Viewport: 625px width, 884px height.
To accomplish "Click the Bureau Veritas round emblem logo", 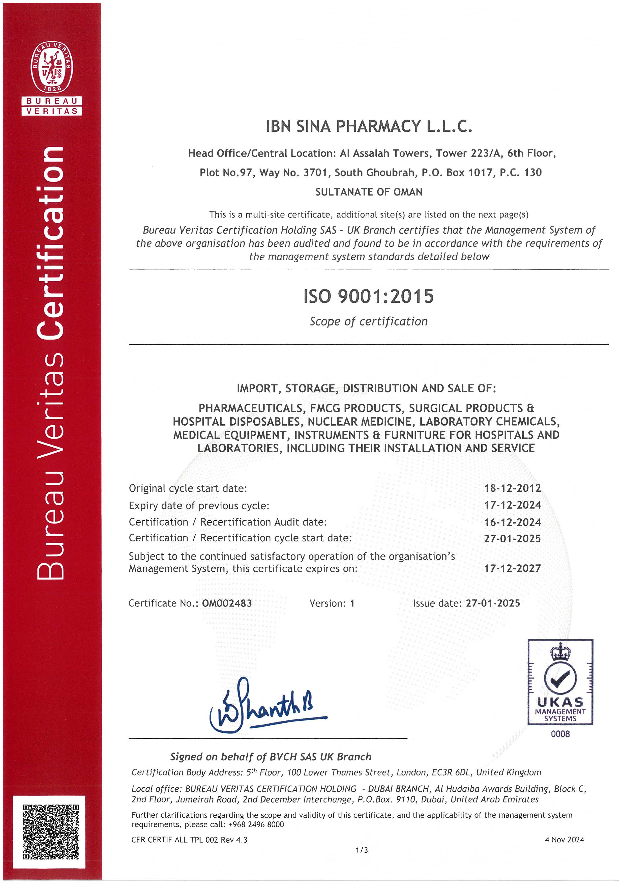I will pyautogui.click(x=52, y=67).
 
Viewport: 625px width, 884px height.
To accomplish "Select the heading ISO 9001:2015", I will pyautogui.click(x=368, y=296).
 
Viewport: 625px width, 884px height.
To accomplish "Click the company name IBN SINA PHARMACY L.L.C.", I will pyautogui.click(x=369, y=126).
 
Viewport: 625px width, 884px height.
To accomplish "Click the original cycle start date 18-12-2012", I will pyautogui.click(x=512, y=488).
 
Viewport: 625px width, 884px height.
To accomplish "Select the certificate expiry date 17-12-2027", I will pyautogui.click(x=512, y=568).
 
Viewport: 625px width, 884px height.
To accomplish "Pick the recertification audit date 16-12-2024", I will pyautogui.click(x=512, y=522).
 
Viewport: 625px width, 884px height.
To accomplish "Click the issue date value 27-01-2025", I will pyautogui.click(x=493, y=603).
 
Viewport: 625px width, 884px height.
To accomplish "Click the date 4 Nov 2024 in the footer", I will pyautogui.click(x=564, y=840).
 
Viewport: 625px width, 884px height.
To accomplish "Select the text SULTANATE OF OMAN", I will pyautogui.click(x=369, y=192).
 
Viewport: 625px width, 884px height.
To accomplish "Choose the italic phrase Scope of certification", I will pyautogui.click(x=369, y=321).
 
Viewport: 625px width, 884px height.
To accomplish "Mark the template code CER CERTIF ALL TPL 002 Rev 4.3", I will pyautogui.click(x=189, y=840).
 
